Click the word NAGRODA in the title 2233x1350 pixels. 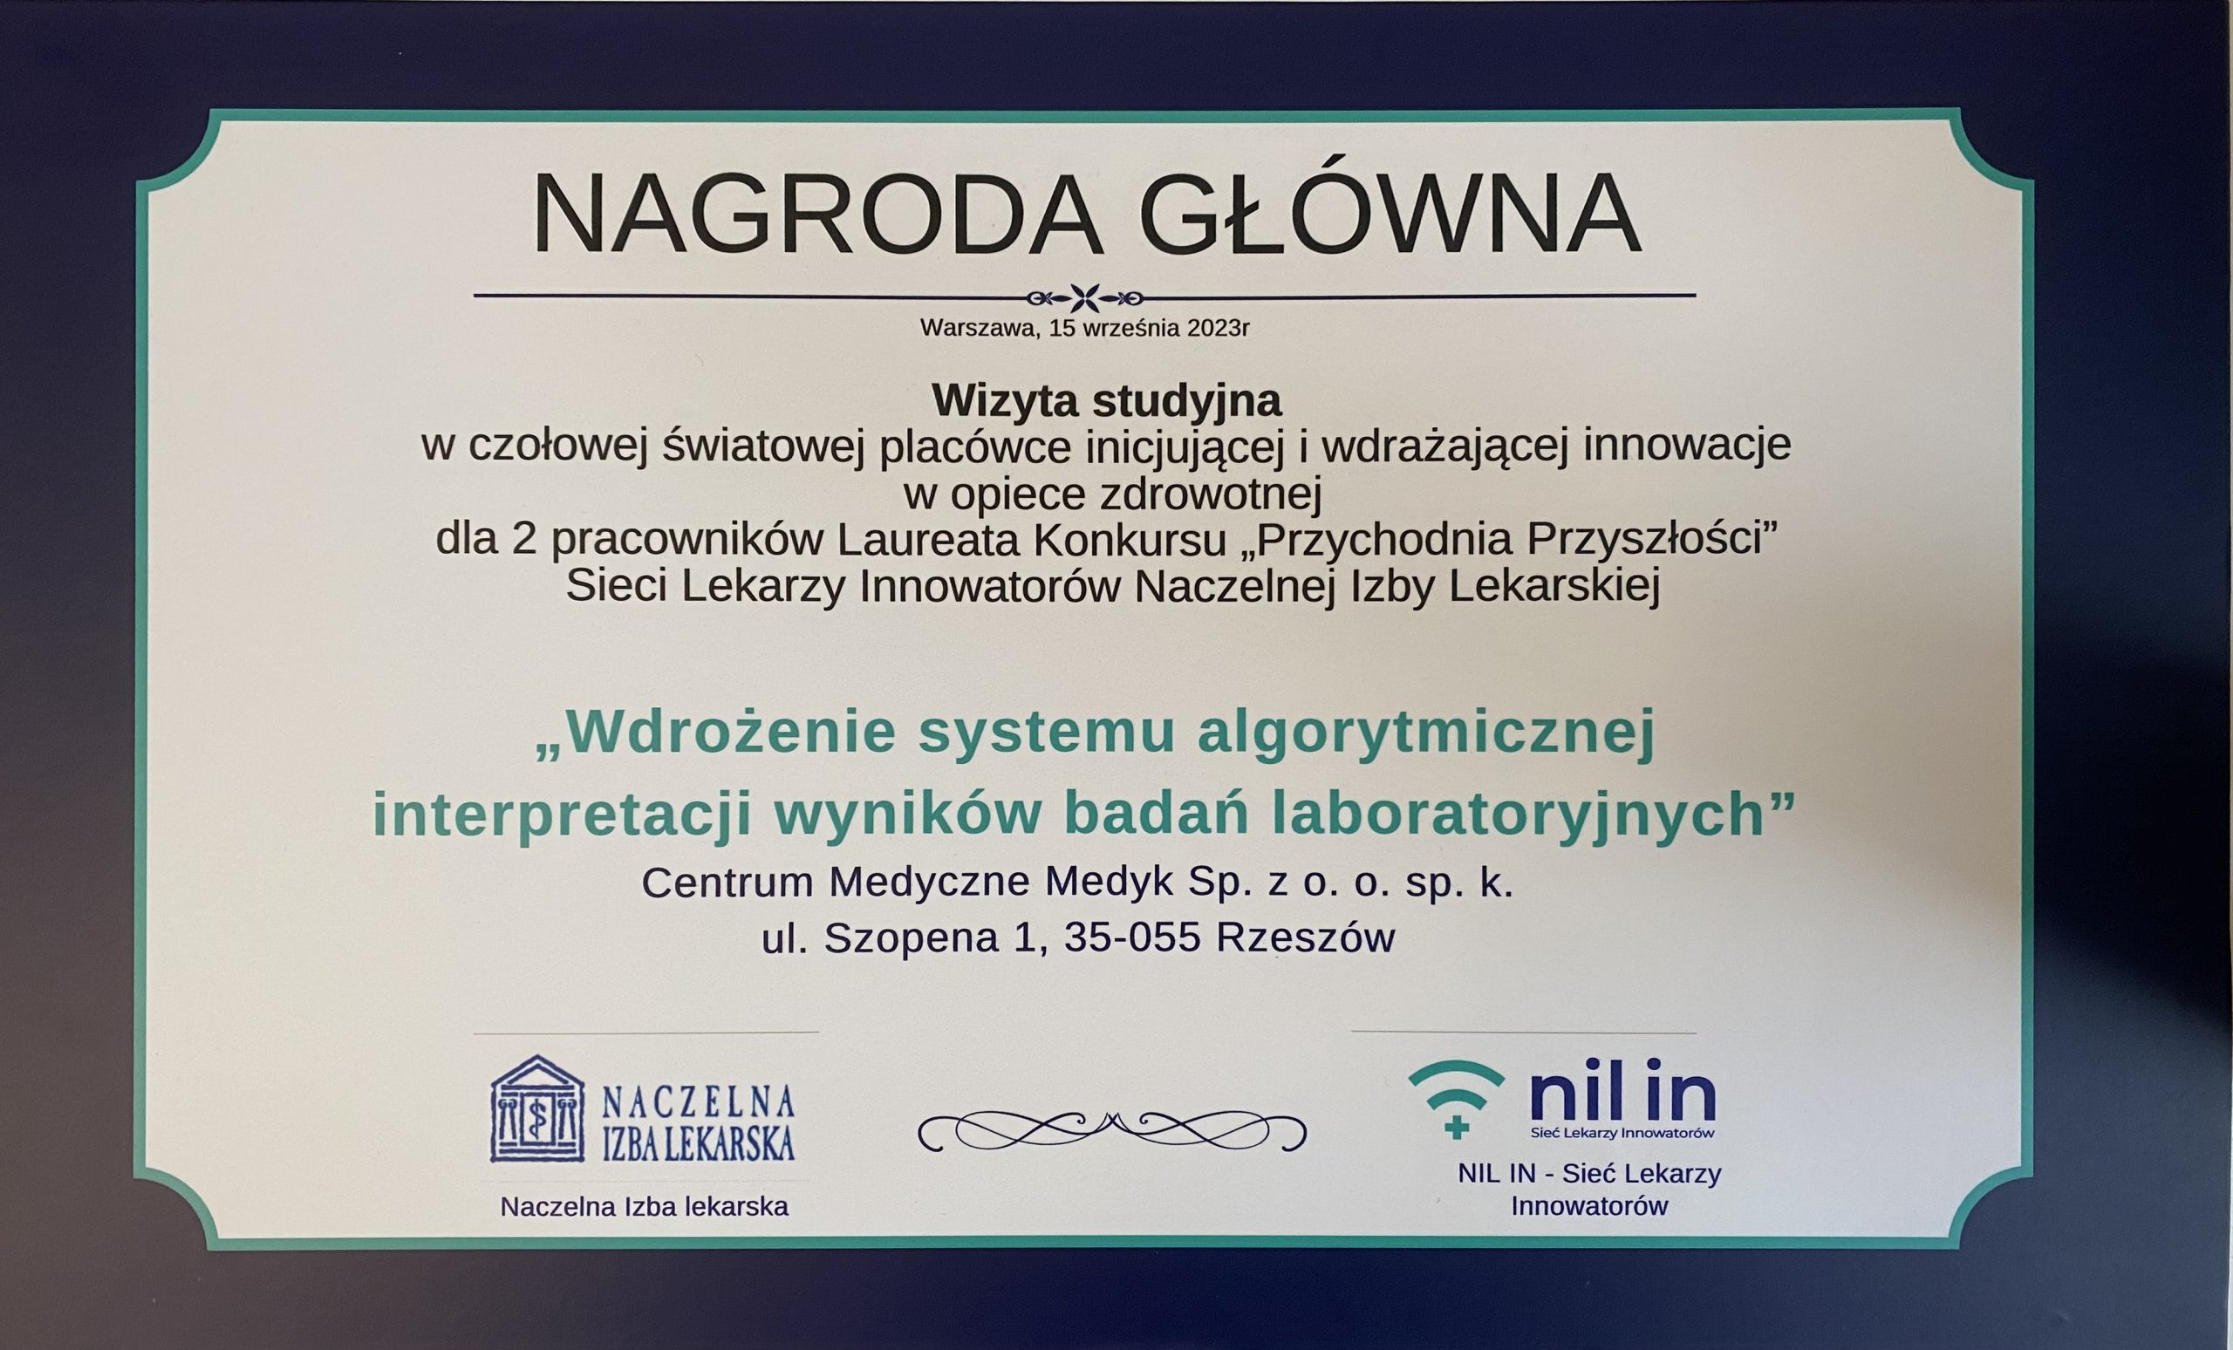(x=817, y=214)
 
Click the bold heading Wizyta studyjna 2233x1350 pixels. (x=1107, y=401)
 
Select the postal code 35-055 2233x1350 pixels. (x=1133, y=938)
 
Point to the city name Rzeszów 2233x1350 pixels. (x=1305, y=938)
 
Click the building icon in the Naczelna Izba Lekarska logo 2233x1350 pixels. (x=537, y=1109)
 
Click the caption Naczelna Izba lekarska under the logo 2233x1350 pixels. (x=645, y=1207)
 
